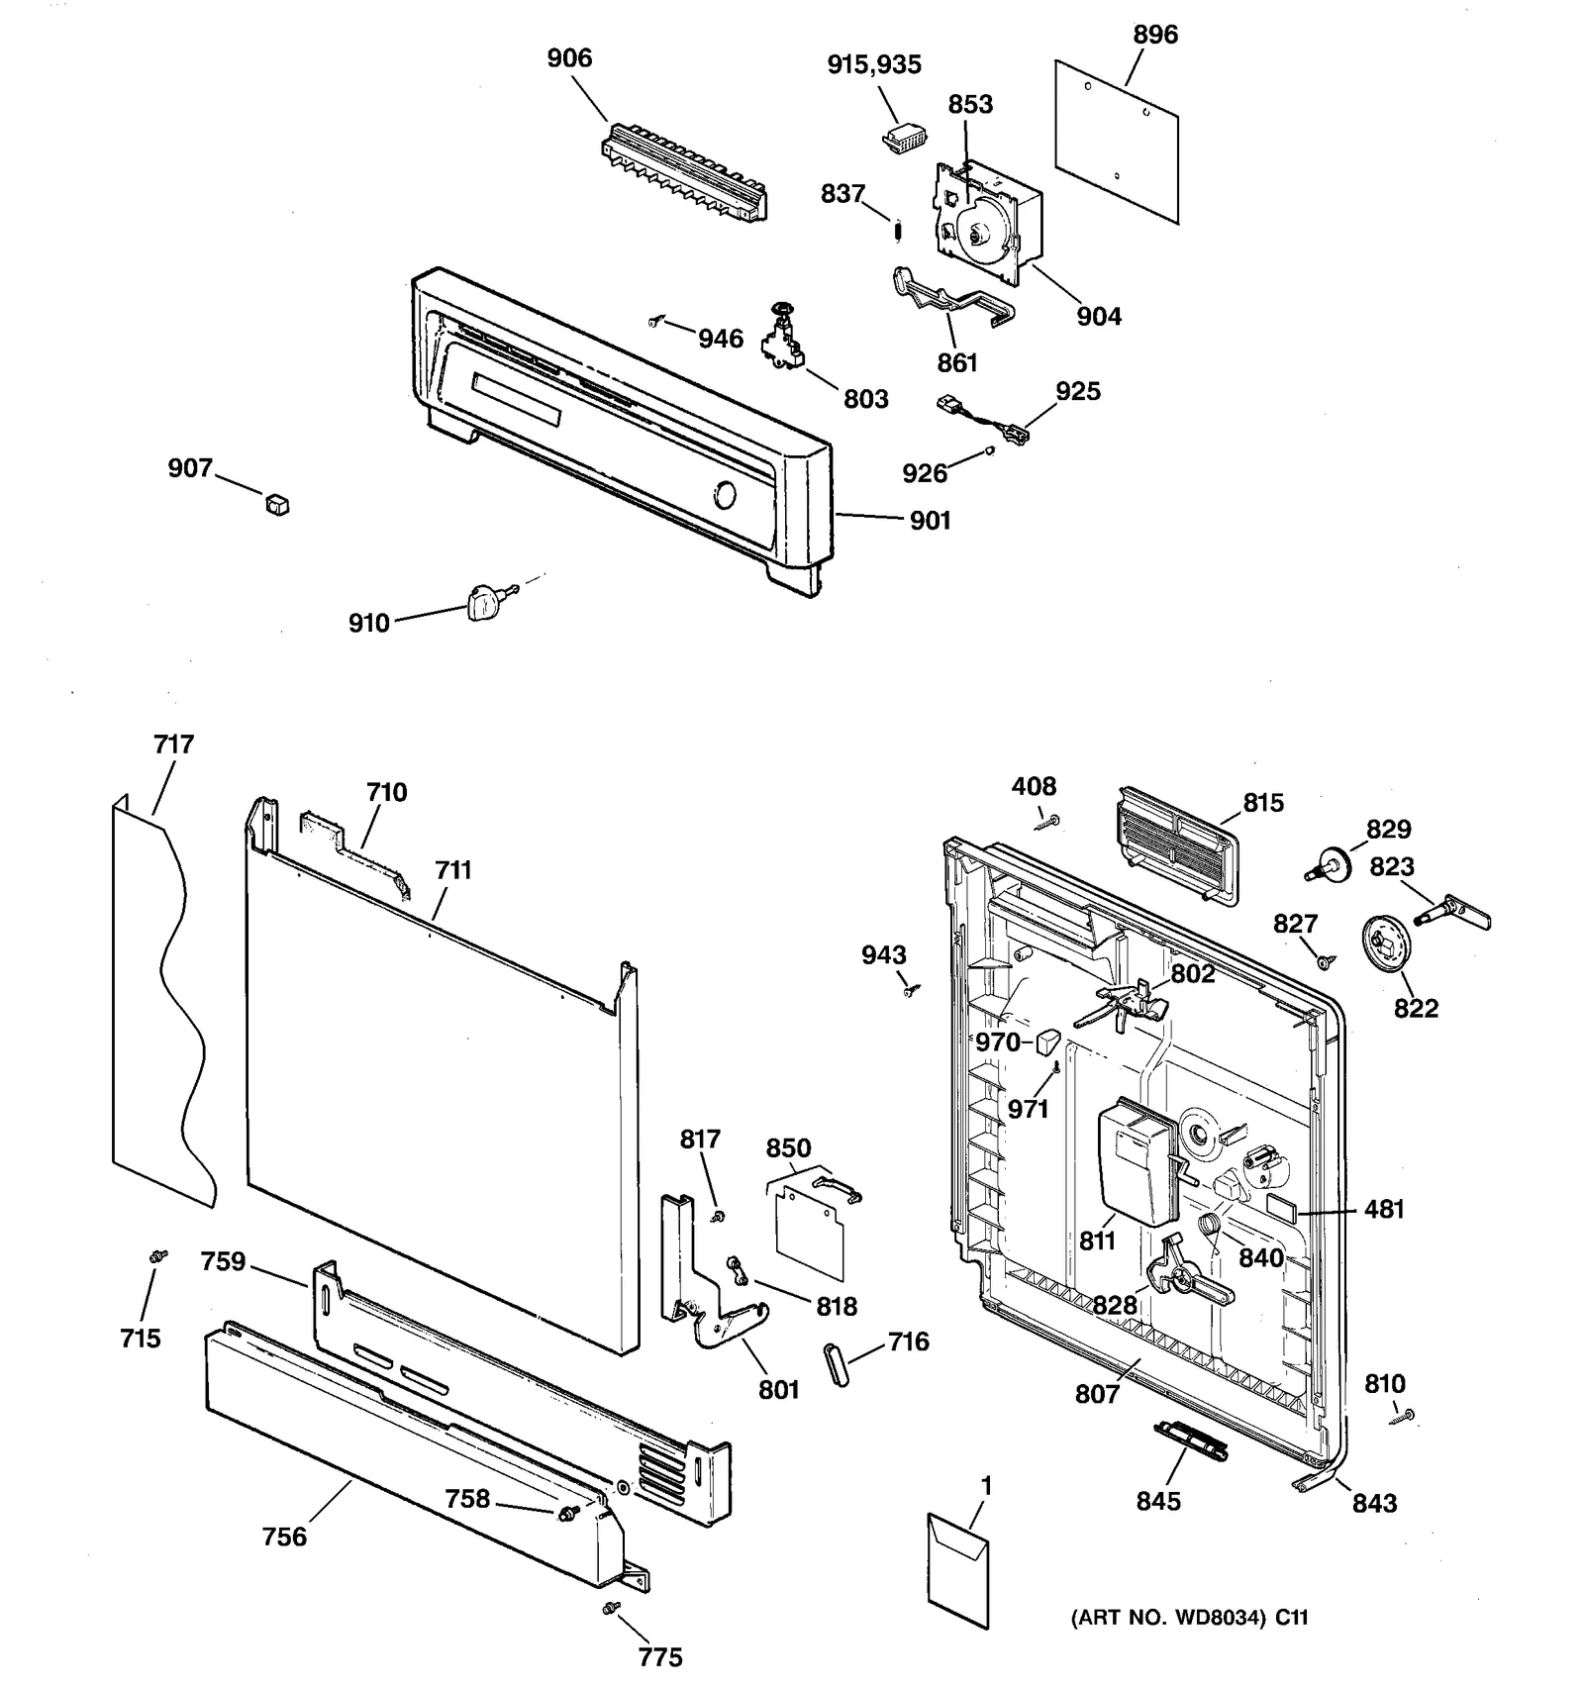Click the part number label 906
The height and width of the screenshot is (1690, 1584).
tap(569, 58)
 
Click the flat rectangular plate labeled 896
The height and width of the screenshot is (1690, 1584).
tap(1117, 142)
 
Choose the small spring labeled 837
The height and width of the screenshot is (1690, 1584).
tap(898, 231)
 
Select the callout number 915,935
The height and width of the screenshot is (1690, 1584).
tap(873, 65)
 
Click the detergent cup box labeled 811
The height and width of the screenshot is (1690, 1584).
tap(1136, 1159)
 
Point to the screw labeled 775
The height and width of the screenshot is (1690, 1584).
tap(612, 1608)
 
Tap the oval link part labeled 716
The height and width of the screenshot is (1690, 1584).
tap(837, 1365)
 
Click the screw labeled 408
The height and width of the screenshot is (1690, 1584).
tap(1048, 822)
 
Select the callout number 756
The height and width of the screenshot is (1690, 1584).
tap(284, 1537)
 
